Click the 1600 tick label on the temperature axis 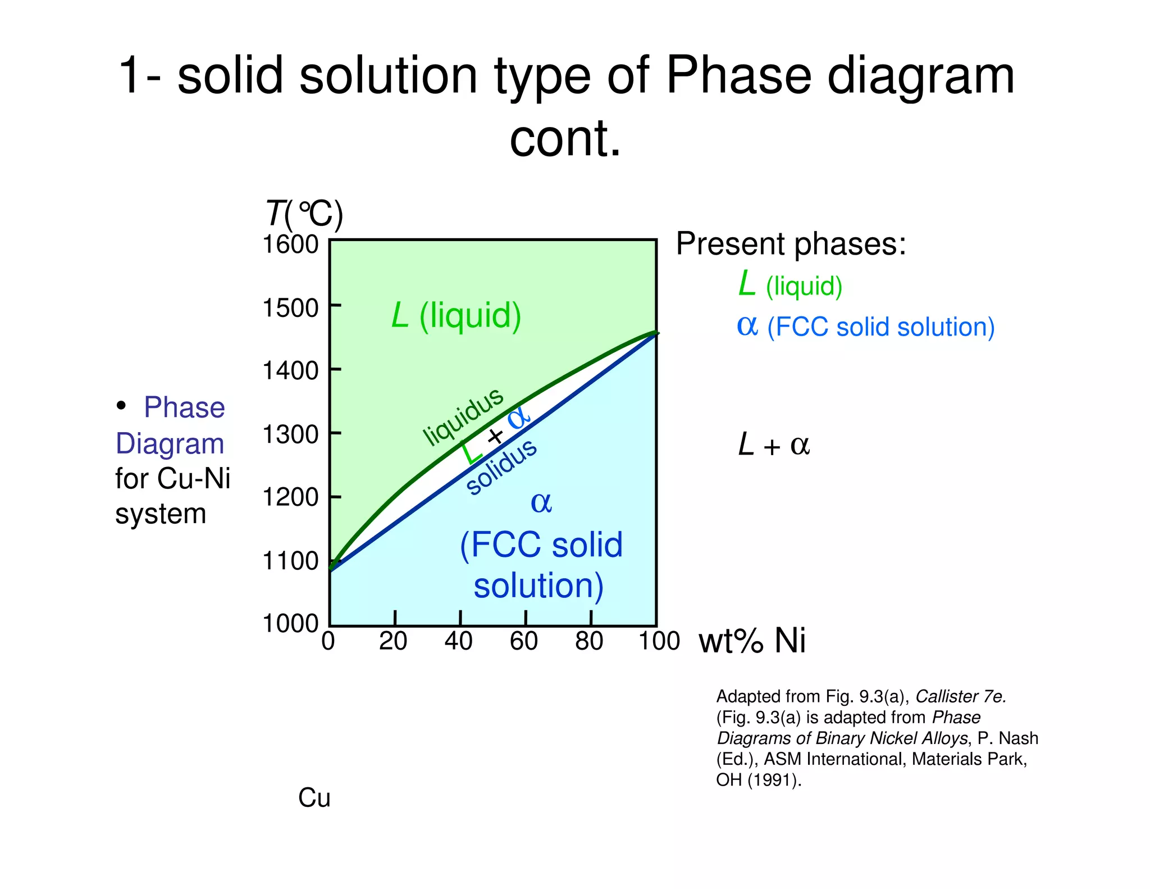point(290,244)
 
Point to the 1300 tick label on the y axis point(290,434)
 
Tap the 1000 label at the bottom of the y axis point(290,623)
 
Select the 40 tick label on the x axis point(458,641)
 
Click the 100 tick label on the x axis point(659,641)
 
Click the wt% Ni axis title point(752,641)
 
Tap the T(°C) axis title point(304,215)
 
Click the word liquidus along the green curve point(463,416)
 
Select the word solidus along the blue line point(501,468)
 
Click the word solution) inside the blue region point(538,586)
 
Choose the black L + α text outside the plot point(773,446)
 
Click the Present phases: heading point(791,244)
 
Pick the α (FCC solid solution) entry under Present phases point(865,326)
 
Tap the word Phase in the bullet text point(184,407)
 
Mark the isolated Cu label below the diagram point(314,798)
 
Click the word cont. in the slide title point(565,138)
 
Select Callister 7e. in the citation point(960,697)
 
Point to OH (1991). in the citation point(758,780)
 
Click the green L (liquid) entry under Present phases point(790,285)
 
